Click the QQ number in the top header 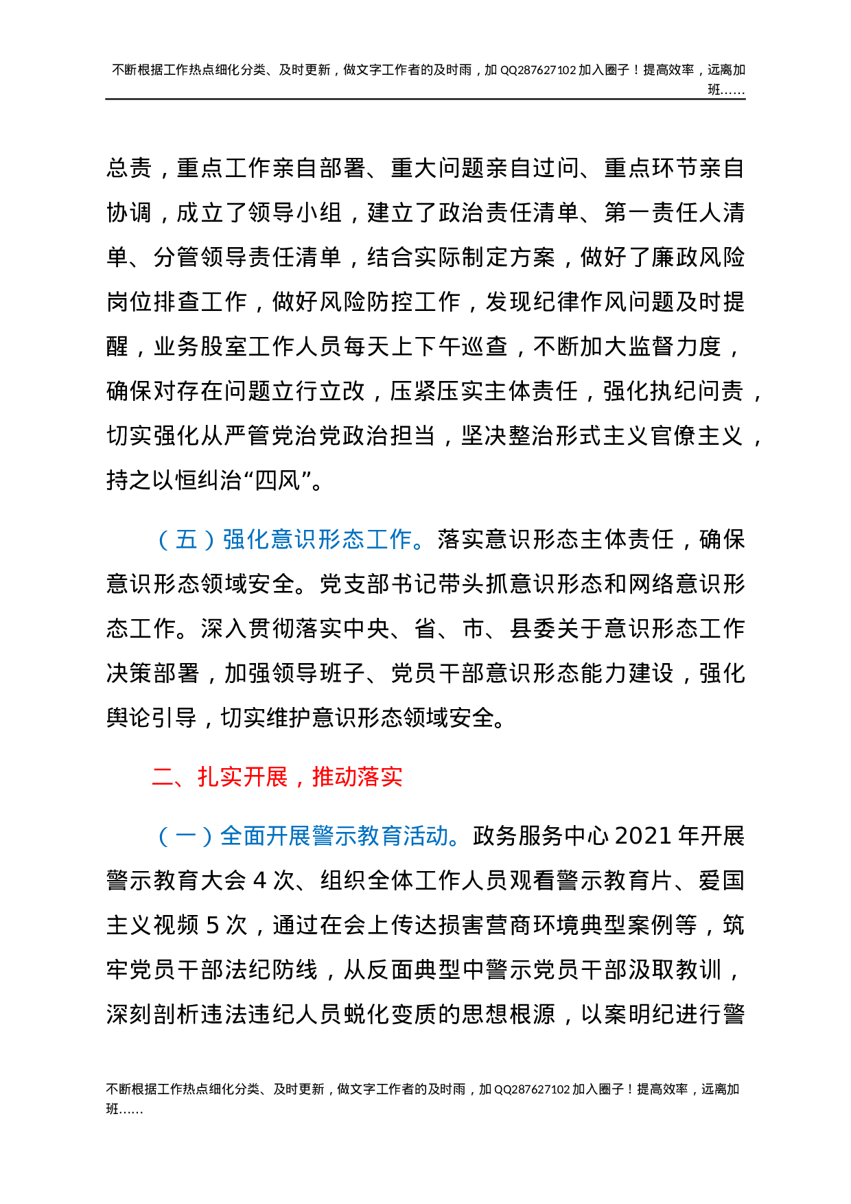coord(538,70)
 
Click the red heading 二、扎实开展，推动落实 coord(277,777)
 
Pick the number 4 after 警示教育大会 coord(259,881)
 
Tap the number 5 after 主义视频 coord(213,925)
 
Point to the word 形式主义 coord(602,436)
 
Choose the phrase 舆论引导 coord(152,718)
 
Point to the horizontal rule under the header coord(425,100)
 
